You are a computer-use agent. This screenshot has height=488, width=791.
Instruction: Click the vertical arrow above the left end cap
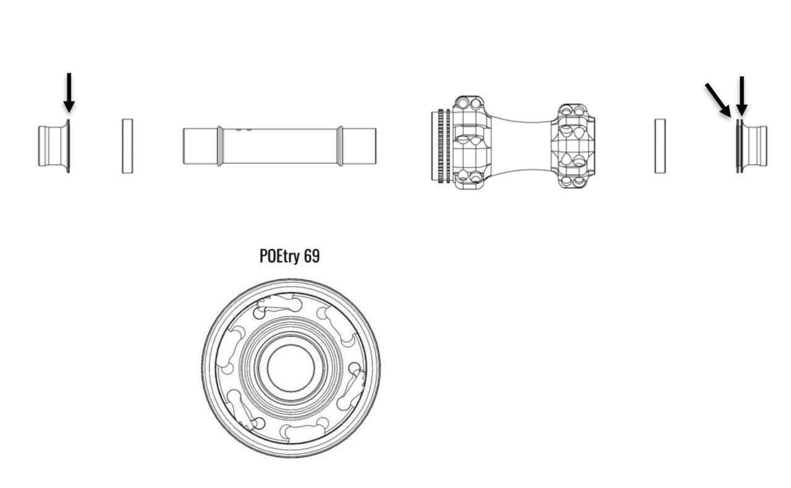coord(69,93)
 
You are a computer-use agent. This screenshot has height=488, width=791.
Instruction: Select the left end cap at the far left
coord(54,146)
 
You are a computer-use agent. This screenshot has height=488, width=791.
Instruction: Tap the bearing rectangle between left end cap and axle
coord(127,146)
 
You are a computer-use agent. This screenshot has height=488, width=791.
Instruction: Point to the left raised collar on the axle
coord(221,146)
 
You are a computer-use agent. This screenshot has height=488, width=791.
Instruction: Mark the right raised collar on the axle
coord(340,146)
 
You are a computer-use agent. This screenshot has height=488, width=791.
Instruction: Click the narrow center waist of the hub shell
coord(521,146)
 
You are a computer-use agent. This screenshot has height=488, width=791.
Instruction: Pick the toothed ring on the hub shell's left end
coord(444,146)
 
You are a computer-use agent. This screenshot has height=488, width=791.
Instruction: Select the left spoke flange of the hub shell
coord(471,143)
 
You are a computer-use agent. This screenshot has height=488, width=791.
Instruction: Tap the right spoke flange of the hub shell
coord(573,146)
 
